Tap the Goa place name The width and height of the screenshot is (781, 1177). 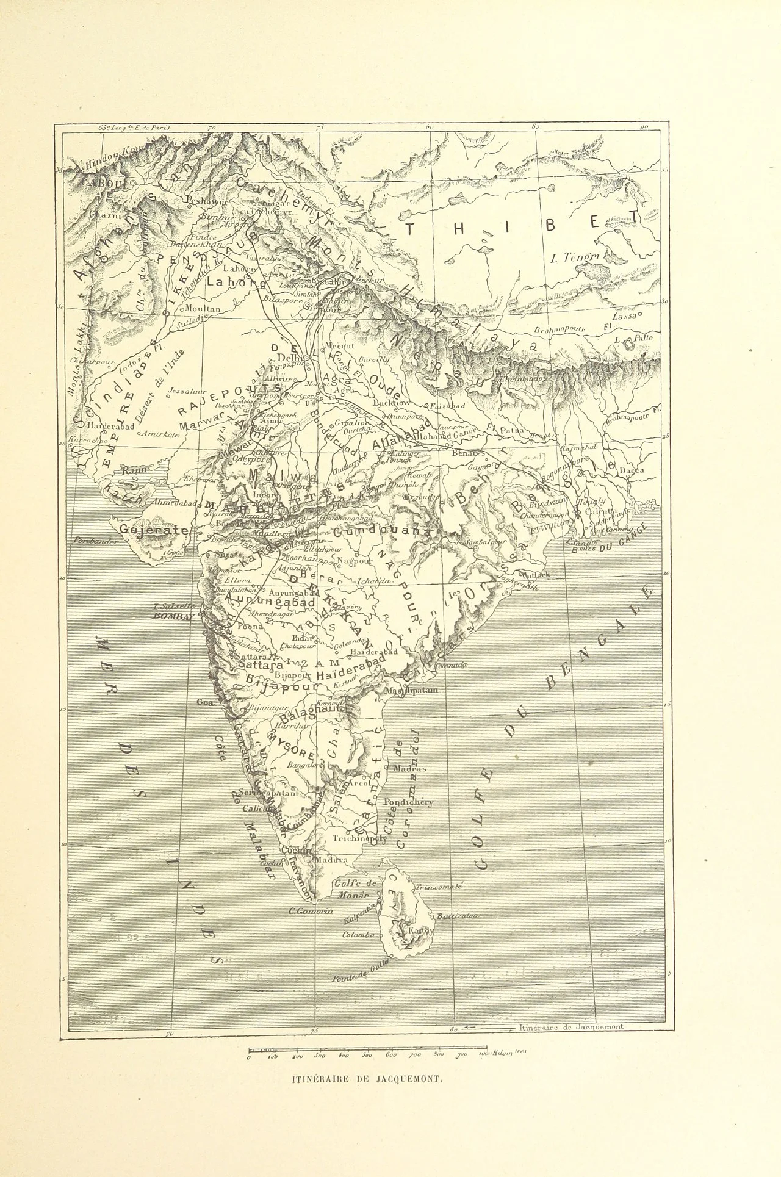(x=204, y=702)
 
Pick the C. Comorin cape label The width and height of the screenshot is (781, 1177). (x=311, y=911)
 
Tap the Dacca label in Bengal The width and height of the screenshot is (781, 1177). (x=631, y=471)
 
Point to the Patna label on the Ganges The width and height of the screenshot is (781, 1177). (x=512, y=430)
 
